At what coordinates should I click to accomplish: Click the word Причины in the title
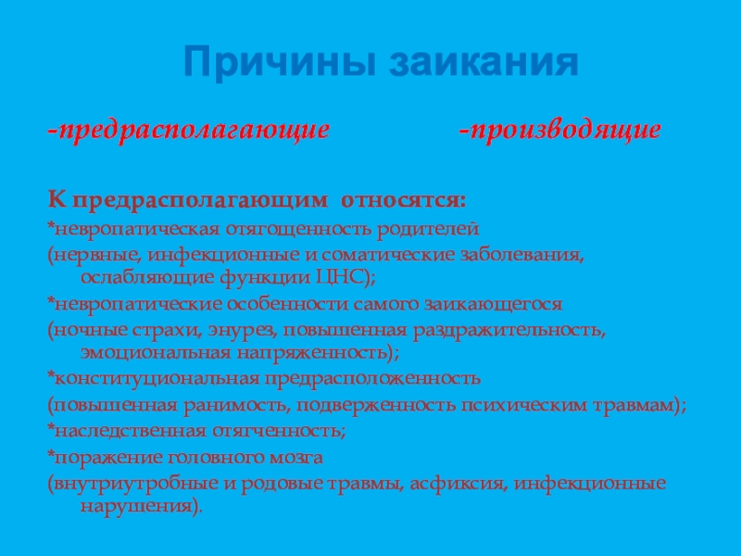pyautogui.click(x=278, y=64)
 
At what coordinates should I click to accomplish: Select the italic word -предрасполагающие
pyautogui.click(x=189, y=131)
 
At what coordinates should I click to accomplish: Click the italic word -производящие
pyautogui.click(x=560, y=131)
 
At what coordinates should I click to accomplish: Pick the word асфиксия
pyautogui.click(x=463, y=483)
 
